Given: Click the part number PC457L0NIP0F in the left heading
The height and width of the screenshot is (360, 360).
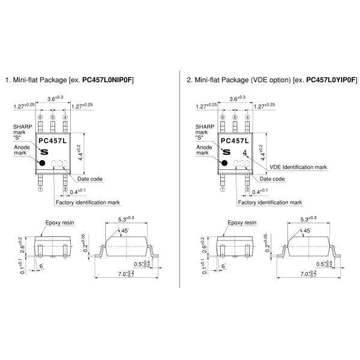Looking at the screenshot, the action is (107, 80).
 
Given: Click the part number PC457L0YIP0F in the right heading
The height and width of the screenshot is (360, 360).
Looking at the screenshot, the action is (331, 80).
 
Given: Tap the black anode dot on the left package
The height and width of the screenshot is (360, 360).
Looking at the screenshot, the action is (42, 163).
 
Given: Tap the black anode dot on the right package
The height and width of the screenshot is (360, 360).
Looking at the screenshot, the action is (224, 163).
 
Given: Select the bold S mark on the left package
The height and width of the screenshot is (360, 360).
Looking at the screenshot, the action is (44, 152).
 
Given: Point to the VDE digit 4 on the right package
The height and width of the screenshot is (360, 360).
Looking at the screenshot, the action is (245, 152).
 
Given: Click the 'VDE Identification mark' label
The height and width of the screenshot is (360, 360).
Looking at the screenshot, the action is (298, 167).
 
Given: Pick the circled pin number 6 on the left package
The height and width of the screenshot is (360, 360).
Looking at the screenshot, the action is (40, 118).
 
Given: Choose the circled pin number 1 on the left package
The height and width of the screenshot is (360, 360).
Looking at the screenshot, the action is (40, 190).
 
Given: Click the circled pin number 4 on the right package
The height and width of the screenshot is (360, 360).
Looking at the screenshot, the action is (247, 118).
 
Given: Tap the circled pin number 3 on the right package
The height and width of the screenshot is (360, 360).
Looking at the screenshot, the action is (247, 190).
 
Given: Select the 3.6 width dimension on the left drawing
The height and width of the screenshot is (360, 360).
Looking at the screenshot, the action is (55, 98).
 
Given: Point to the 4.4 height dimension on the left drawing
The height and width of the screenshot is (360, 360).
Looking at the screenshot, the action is (80, 152).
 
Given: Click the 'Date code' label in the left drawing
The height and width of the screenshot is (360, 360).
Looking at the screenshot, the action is (90, 179).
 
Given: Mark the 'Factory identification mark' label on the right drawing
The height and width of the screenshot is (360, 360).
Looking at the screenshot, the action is (270, 203).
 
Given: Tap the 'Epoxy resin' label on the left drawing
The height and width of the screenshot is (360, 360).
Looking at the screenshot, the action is (59, 223).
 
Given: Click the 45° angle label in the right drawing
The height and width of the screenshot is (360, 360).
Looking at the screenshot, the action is (307, 230).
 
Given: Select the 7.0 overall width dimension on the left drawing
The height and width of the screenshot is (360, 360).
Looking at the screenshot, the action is (126, 274).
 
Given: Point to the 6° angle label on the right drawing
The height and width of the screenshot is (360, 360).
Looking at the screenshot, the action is (223, 266).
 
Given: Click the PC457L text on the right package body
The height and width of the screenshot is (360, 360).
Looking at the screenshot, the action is (235, 141).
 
